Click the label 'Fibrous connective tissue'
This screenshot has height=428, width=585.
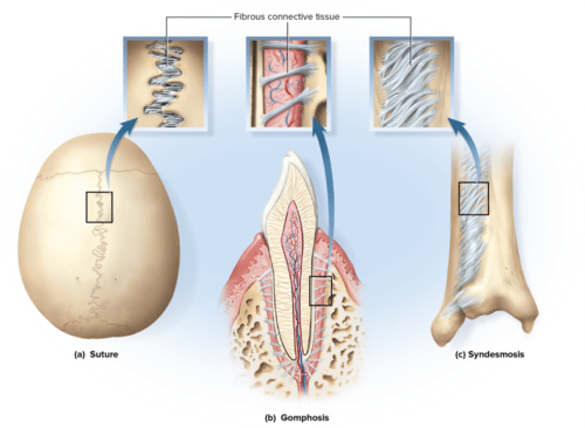pos(286,17)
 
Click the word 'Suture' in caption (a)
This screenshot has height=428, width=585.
pos(104,355)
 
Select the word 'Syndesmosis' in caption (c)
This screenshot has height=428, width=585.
pos(496,355)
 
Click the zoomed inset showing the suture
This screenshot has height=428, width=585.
pos(166,83)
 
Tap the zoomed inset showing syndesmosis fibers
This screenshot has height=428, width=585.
pos(412,83)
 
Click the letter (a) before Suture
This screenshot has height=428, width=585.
pos(79,355)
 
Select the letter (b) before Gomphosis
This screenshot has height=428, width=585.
pos(270,417)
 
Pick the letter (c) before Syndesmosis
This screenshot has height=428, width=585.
pos(460,355)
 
